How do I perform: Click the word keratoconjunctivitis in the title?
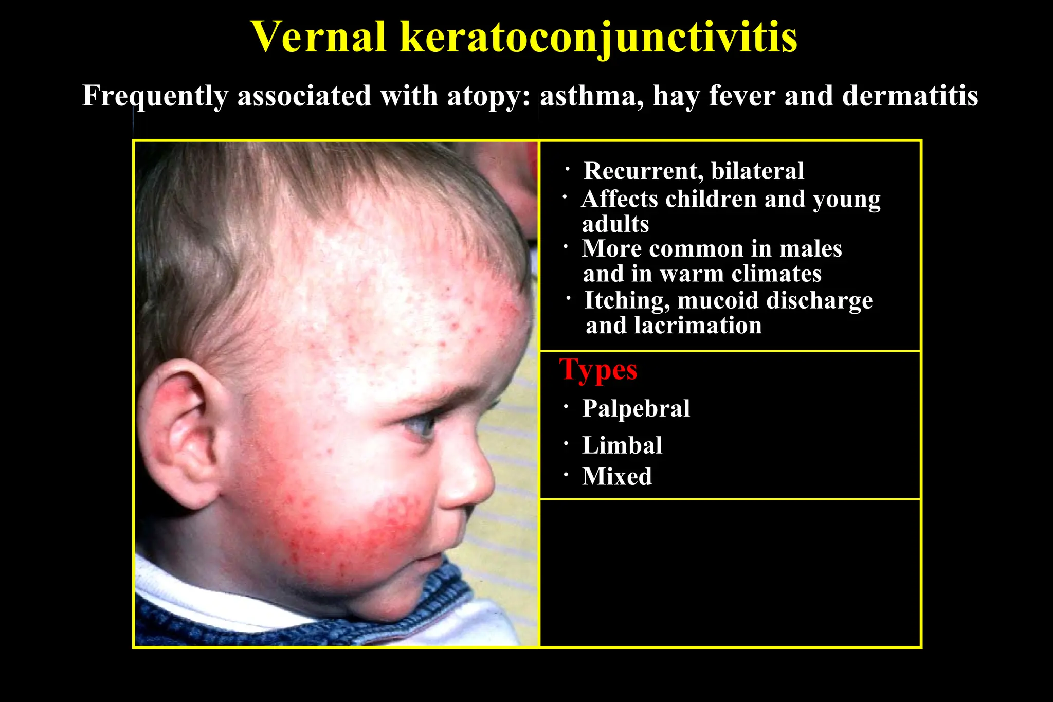coord(598,37)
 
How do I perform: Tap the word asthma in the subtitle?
coord(591,96)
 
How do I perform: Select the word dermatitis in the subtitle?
coord(910,96)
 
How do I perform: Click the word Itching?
coord(626,301)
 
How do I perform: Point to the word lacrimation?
coord(698,326)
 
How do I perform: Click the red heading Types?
coord(598,370)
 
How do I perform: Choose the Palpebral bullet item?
coord(636,409)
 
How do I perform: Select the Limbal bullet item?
coord(622,445)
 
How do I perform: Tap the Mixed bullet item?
coord(616,477)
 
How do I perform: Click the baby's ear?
coord(180,437)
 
